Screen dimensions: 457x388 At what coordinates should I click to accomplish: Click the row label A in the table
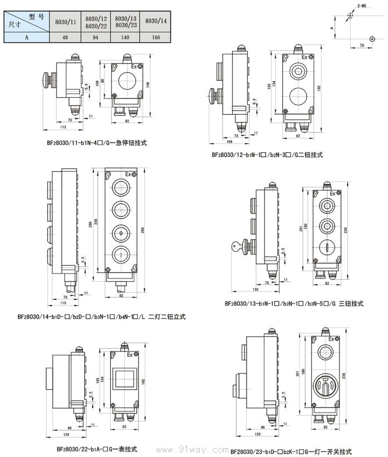26,38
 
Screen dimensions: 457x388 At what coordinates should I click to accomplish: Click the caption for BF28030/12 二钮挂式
267,155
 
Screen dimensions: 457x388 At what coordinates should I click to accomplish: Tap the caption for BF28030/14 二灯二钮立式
101,316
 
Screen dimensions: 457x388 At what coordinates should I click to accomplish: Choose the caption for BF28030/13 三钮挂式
294,304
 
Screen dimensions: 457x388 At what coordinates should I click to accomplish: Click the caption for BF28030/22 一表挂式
96,448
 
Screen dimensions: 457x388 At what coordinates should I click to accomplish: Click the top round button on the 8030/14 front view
120,186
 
